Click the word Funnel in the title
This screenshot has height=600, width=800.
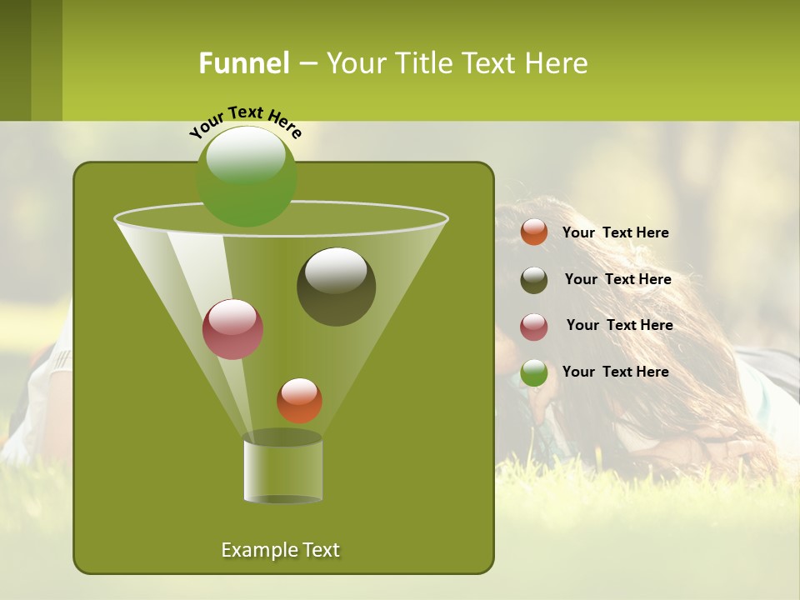coord(244,63)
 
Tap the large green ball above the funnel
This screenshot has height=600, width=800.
coord(247,176)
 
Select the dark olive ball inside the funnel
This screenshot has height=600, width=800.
coord(337,287)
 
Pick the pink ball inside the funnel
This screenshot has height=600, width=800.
coord(233,329)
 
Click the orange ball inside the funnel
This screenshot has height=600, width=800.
coord(299,401)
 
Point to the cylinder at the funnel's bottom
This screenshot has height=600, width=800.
coord(283,468)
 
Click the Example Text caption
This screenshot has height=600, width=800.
coord(281,550)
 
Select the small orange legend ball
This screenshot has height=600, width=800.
coord(534,232)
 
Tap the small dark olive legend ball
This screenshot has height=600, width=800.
coord(534,280)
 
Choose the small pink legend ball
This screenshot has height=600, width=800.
coord(534,327)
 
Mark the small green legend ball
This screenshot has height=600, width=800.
coord(534,372)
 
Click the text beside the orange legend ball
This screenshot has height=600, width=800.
coord(615,232)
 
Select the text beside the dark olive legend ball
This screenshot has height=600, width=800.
coord(617,279)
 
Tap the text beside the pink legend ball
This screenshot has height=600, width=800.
coord(619,325)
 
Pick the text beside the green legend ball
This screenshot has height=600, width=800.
coord(615,372)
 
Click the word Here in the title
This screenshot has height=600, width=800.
coord(557,63)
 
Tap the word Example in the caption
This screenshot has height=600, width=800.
coord(258,550)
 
